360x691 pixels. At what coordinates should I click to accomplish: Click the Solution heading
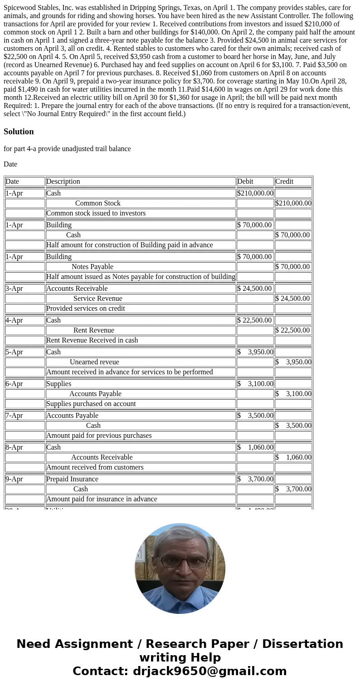point(19,132)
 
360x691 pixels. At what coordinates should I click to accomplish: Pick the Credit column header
point(284,181)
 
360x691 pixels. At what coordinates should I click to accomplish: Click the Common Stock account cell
point(98,203)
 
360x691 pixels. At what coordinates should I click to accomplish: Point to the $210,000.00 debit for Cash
point(255,193)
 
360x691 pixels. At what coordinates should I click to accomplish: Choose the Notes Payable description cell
point(92,267)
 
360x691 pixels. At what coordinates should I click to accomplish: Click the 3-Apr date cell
point(14,289)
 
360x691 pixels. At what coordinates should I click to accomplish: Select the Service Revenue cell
point(98,299)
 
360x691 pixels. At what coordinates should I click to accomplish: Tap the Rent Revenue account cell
point(94,330)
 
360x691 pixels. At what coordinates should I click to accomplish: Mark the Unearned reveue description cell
point(94,362)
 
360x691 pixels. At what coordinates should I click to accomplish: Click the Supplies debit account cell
point(59,384)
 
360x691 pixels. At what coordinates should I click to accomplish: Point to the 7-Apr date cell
point(14,416)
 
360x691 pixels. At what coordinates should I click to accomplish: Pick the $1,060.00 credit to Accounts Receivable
point(293,457)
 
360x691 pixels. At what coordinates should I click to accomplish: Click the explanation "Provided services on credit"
point(86,309)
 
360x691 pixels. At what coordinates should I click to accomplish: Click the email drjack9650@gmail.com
point(209,671)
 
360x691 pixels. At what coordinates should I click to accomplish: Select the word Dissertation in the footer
point(302,644)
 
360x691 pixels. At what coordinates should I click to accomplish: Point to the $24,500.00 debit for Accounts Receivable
point(255,289)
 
